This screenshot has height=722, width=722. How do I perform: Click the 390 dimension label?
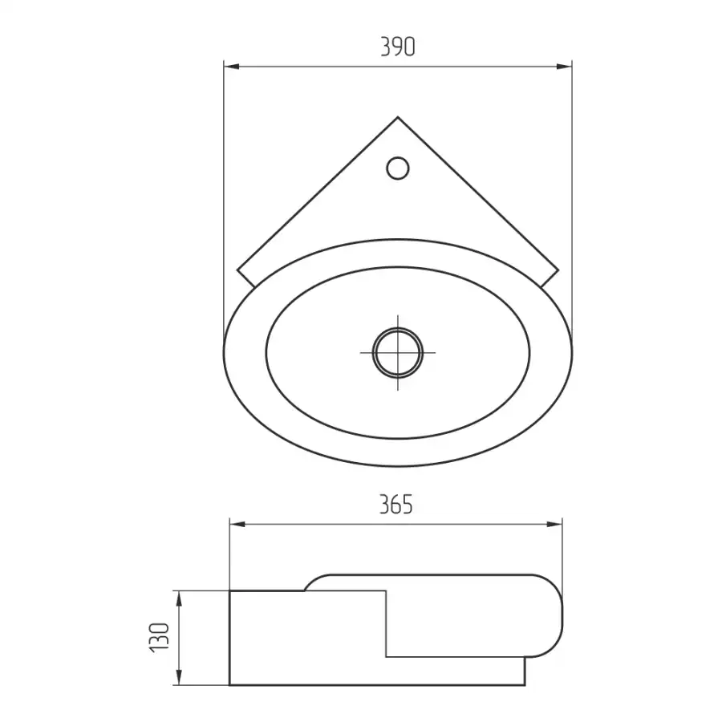(398, 47)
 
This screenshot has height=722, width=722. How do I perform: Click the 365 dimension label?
(396, 505)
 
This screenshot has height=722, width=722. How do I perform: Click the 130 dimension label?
(160, 637)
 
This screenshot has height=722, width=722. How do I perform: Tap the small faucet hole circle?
(398, 168)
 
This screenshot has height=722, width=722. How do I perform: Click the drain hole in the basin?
(398, 353)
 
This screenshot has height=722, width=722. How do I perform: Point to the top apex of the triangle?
(398, 117)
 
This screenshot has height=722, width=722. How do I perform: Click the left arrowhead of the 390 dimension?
(232, 67)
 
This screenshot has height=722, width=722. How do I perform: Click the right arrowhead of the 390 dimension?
(564, 67)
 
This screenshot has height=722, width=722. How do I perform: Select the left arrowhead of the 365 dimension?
(237, 525)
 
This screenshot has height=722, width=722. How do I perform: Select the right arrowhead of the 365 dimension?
(554, 525)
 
